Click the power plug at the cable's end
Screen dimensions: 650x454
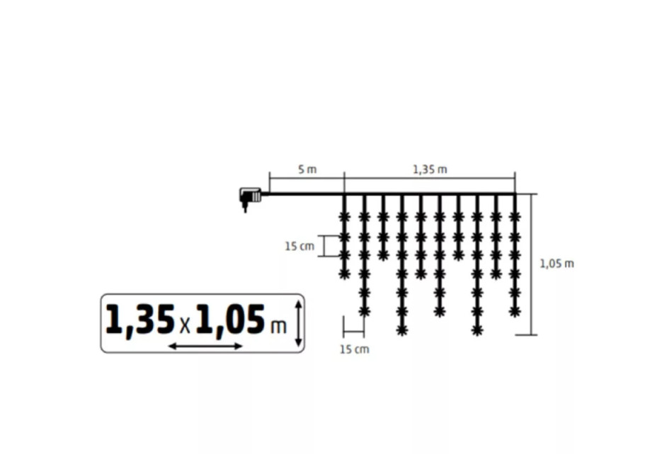pyautogui.click(x=250, y=198)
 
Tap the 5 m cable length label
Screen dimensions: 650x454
pyautogui.click(x=307, y=169)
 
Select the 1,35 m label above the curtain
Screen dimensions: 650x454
pyautogui.click(x=430, y=169)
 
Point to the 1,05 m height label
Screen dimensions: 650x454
pyautogui.click(x=557, y=264)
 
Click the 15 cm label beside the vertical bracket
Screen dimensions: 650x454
pyautogui.click(x=300, y=246)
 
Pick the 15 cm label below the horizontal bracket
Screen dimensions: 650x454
pyautogui.click(x=355, y=349)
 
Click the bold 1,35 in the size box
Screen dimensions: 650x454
pyautogui.click(x=140, y=320)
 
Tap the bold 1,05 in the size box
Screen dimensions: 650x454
pyautogui.click(x=230, y=320)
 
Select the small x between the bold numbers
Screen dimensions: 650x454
pyautogui.click(x=186, y=326)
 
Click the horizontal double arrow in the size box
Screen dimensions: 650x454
pyautogui.click(x=205, y=346)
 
